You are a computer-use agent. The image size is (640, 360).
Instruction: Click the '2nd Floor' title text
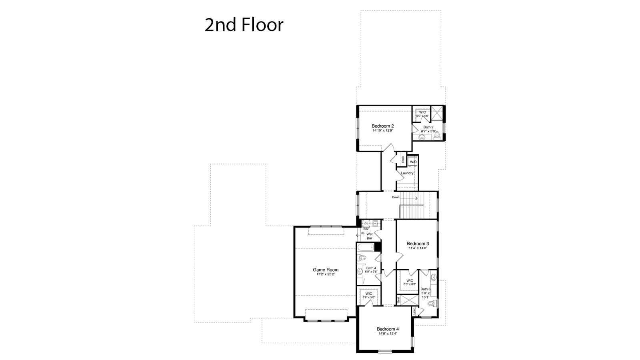coord(244,25)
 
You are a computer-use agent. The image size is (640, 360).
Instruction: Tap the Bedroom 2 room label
coord(383,126)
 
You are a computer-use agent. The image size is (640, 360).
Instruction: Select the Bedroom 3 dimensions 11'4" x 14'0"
coord(418,248)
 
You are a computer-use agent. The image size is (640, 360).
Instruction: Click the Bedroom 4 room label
coord(388,329)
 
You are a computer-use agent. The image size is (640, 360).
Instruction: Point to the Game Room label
coord(326,270)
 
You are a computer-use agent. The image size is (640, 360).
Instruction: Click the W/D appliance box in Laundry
coord(413,162)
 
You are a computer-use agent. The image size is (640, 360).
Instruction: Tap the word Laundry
coord(407,173)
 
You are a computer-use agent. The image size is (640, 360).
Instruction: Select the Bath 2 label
coord(428,127)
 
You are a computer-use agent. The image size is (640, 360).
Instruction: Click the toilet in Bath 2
coord(437,135)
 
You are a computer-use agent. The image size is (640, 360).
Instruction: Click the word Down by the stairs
coord(396,197)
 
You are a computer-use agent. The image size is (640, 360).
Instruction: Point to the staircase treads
coord(411,205)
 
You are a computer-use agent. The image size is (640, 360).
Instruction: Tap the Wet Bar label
coord(369,236)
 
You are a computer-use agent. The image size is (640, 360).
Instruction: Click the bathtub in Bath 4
coord(365,247)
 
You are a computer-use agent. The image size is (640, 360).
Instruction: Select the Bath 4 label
coord(371,268)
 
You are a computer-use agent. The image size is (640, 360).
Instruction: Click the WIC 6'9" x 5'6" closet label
coord(368,295)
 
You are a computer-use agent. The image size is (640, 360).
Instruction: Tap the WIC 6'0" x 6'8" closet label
coord(410,282)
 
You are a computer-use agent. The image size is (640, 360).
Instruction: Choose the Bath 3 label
coord(425,289)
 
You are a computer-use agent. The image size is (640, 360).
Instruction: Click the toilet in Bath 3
coord(431,304)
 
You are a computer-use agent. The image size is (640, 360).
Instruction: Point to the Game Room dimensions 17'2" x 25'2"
coord(326,274)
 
